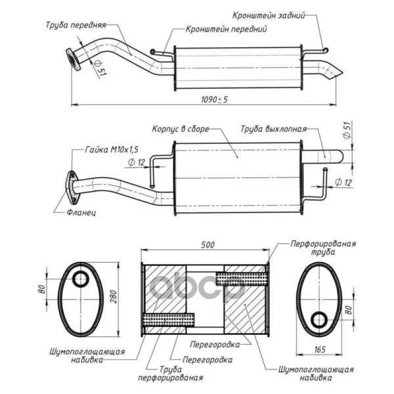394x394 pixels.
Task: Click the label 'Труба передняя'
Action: [x=76, y=25]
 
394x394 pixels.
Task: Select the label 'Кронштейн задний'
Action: [x=269, y=15]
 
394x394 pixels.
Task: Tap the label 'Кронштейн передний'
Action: [x=226, y=29]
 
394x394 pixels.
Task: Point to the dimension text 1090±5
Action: [x=214, y=100]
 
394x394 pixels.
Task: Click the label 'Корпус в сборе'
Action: [x=181, y=129]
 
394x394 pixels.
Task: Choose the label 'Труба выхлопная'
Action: [x=274, y=129]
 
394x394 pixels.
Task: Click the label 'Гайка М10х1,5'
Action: [x=112, y=150]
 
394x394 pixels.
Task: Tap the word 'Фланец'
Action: [x=81, y=213]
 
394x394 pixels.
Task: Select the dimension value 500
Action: [x=208, y=245]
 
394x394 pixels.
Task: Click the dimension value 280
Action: [x=114, y=297]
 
